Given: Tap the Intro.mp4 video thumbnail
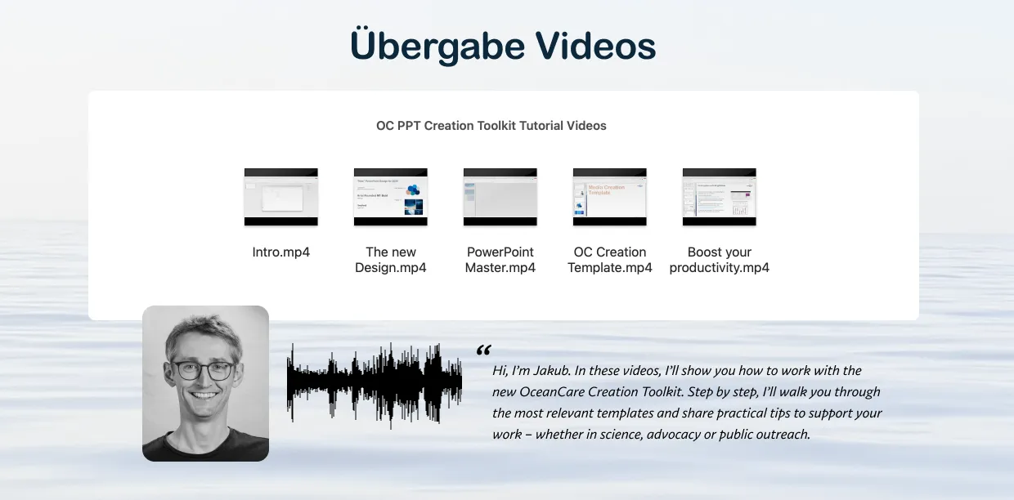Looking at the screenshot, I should (281, 197).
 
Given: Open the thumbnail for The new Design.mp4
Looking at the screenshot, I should (391, 197).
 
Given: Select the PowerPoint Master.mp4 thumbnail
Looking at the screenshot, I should (500, 197).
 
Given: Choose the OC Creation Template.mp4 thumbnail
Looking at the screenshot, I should (610, 197).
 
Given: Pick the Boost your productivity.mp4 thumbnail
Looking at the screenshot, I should (720, 197).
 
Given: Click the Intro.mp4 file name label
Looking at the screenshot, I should (281, 252).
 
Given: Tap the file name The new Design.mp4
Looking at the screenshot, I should (391, 260).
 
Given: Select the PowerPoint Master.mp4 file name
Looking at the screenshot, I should (500, 260).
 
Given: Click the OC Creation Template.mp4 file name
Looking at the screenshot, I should (610, 260).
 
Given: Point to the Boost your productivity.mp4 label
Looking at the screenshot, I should (720, 260).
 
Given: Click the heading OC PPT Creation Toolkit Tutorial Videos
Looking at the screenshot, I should (491, 126).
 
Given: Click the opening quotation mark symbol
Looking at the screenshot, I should (483, 350).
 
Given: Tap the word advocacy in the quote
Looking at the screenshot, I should (678, 435).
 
